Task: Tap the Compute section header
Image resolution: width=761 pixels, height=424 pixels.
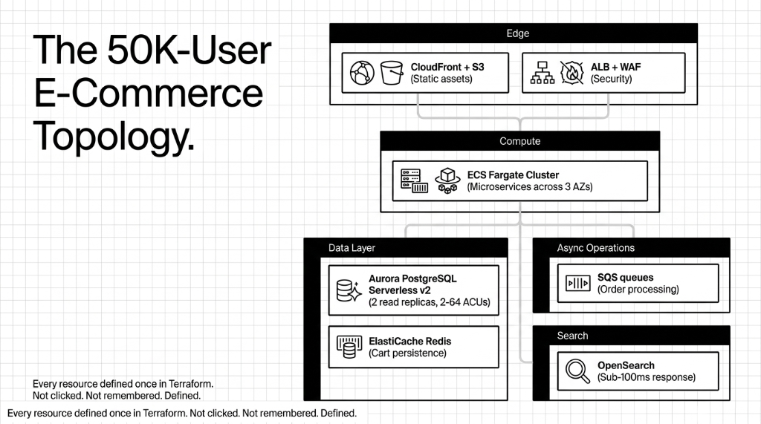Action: coord(519,141)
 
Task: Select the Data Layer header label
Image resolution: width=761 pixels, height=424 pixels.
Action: coord(352,247)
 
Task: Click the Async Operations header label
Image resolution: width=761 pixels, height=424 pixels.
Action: coord(596,247)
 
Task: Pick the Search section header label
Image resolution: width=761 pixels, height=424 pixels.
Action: coord(572,336)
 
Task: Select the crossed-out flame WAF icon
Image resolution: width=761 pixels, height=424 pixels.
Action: coord(571,73)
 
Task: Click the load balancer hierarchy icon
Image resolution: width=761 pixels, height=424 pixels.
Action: coord(543,73)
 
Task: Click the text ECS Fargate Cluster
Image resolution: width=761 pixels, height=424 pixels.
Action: coord(513,175)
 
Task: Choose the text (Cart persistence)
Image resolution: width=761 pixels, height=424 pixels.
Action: coord(407,353)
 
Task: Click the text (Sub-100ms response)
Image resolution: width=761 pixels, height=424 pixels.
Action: coord(646,377)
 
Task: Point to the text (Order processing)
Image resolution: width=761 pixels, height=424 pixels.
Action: coord(638,289)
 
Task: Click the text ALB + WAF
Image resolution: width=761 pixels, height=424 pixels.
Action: coord(615,67)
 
